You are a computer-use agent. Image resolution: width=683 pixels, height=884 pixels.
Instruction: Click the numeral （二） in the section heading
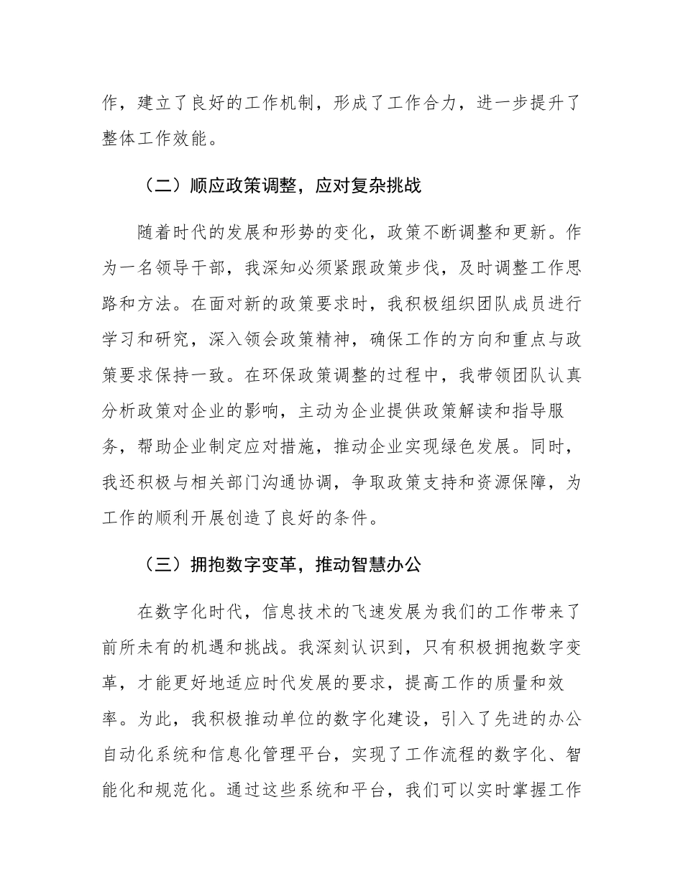click(x=153, y=187)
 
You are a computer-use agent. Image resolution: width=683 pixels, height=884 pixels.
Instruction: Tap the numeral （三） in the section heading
click(x=153, y=565)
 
